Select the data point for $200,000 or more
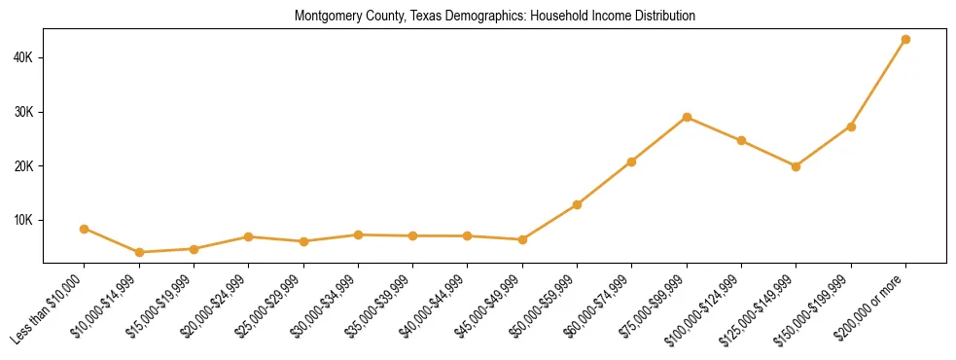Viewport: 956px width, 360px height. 905,39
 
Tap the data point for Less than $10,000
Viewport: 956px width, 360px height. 85,229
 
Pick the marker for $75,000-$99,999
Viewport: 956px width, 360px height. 687,117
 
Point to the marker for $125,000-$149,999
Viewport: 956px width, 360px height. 797,166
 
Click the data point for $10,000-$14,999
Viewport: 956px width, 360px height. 139,252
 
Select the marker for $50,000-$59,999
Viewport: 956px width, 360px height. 577,204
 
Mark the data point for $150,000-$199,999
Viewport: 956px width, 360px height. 851,126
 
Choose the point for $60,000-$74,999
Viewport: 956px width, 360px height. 632,162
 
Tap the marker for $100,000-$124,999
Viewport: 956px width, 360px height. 741,140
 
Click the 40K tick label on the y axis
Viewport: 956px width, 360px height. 23,57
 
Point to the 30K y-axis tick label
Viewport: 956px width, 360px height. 23,112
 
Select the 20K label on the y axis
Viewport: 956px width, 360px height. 23,165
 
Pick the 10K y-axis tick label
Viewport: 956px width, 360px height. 23,220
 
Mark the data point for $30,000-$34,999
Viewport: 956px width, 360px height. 358,234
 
